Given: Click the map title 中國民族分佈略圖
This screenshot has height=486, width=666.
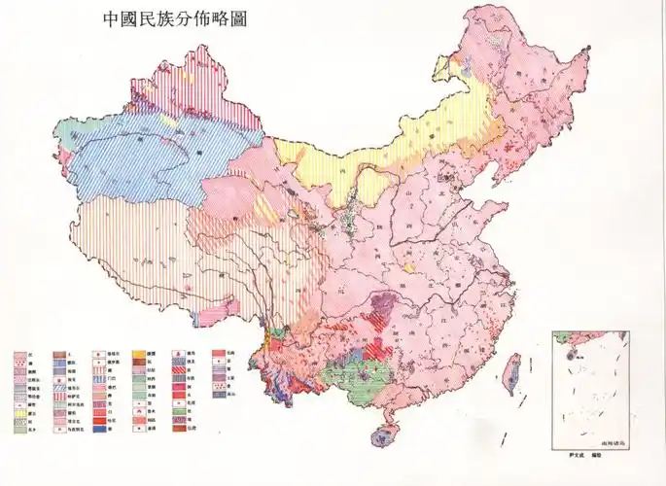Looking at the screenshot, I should (x=174, y=18).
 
